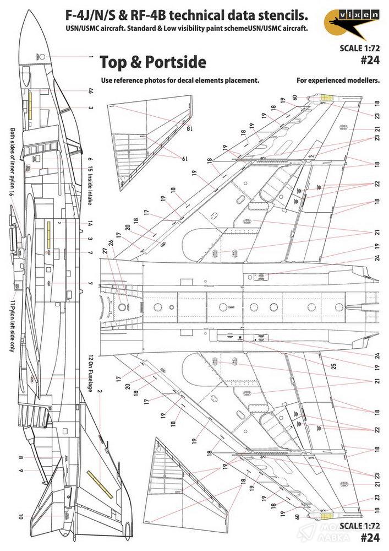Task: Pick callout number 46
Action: [x=90, y=91]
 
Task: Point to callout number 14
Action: [x=90, y=224]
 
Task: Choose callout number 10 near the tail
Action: [x=20, y=516]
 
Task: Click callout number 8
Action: [x=20, y=458]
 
